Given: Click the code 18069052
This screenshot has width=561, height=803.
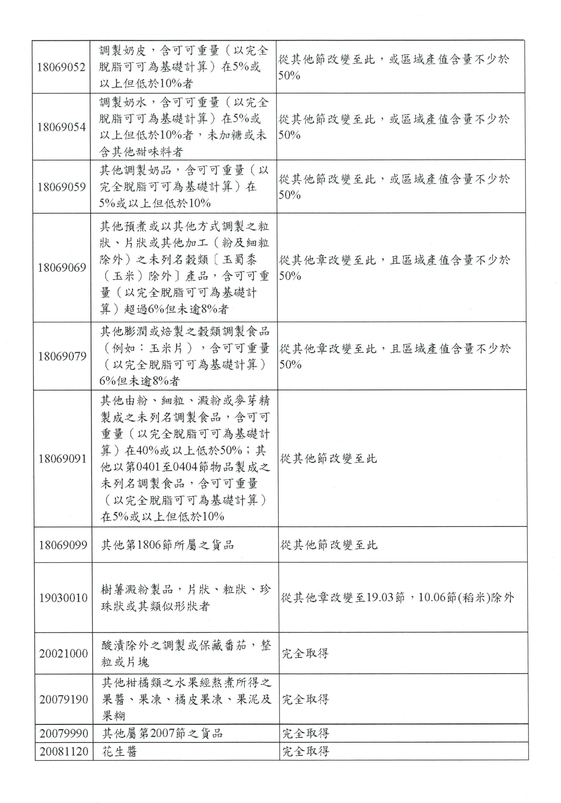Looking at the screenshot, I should [61, 67].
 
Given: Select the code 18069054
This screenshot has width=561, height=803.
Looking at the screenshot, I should [62, 127].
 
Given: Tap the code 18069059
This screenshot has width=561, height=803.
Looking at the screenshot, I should [62, 187].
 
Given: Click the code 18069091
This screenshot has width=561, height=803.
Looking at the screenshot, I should [63, 458].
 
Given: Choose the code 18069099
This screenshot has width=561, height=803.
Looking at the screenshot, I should [63, 545].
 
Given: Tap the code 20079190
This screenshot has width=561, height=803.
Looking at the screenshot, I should [64, 699].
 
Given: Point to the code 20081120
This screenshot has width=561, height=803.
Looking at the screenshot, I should [64, 751].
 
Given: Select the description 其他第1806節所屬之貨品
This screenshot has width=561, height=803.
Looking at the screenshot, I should [167, 545].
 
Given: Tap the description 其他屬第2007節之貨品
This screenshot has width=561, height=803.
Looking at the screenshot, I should [162, 733].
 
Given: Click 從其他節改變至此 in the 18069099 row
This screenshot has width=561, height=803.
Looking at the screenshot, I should [329, 545].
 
